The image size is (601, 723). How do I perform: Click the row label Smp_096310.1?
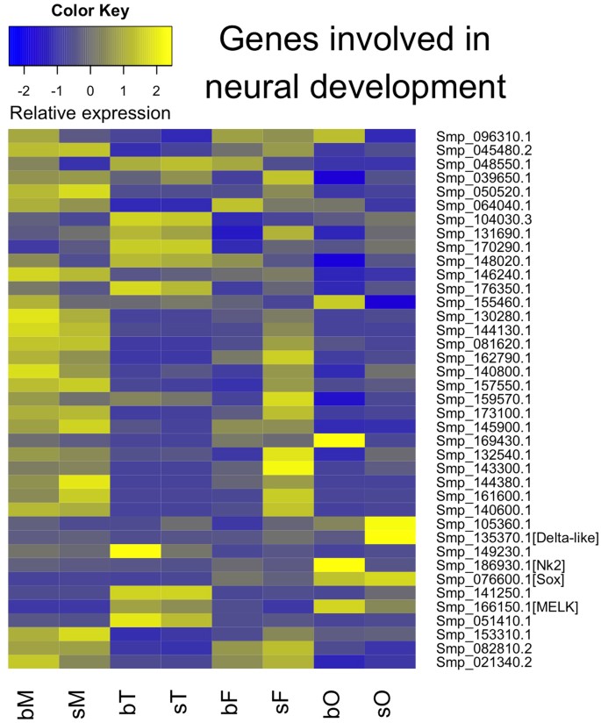pos(474,136)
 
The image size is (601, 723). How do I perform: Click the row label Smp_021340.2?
pos(474,662)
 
